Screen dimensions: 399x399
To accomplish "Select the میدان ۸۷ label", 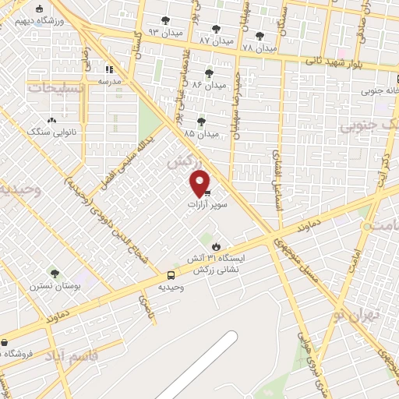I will click(x=216, y=40).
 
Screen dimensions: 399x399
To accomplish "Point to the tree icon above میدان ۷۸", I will click(x=260, y=35).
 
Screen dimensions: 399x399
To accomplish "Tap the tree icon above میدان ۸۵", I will click(x=201, y=122).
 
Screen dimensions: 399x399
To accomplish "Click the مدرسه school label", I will click(x=109, y=81).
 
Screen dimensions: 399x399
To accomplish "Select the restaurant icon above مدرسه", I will click(x=110, y=69).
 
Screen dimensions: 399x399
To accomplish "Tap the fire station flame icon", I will click(x=214, y=245).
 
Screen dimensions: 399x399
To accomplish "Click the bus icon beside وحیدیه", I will click(x=170, y=275).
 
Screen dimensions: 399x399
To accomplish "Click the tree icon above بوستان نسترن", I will click(x=54, y=274).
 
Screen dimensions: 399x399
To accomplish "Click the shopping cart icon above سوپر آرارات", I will click(x=207, y=192).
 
